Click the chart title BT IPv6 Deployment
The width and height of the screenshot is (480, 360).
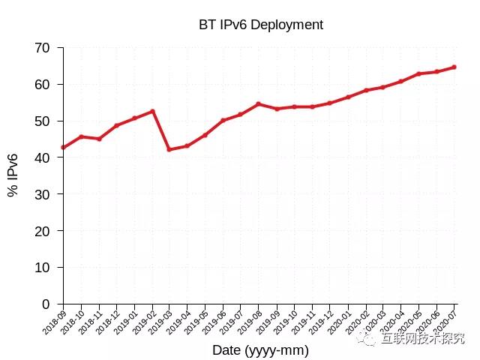(x=260, y=25)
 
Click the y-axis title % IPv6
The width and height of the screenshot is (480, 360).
(x=13, y=175)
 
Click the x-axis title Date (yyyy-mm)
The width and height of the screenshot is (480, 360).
(x=260, y=349)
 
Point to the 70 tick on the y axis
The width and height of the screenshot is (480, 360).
(x=42, y=48)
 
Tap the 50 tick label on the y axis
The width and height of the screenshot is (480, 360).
(x=42, y=121)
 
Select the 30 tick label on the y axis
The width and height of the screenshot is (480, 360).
(x=42, y=194)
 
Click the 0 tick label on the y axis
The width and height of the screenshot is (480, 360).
(x=46, y=304)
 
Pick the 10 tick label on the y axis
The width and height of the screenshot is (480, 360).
(x=42, y=268)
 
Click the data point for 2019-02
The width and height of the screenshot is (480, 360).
(x=152, y=111)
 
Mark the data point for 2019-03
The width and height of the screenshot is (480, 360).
(x=169, y=149)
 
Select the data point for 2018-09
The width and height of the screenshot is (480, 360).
(x=64, y=147)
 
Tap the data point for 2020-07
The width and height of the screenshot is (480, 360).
(x=454, y=67)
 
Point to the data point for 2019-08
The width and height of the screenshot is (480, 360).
(x=259, y=104)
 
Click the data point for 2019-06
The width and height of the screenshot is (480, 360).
(x=223, y=120)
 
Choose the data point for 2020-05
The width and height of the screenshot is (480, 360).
(x=418, y=73)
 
